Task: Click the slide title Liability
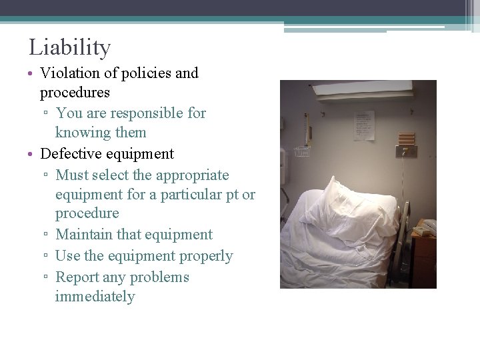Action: [x=69, y=48]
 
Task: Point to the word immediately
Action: [x=95, y=297]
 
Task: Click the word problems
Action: [x=161, y=277]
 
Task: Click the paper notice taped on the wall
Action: [x=363, y=126]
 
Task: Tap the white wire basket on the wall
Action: [x=302, y=151]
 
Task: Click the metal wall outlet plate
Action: [x=405, y=151]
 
